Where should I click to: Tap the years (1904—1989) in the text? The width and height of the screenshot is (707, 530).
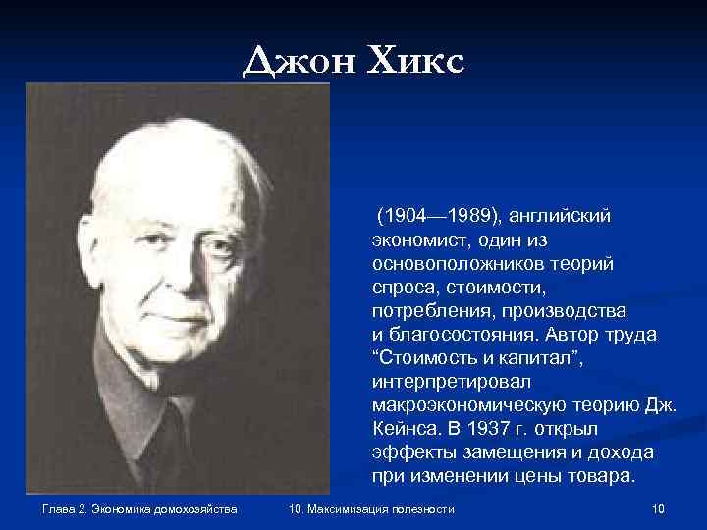click(439, 215)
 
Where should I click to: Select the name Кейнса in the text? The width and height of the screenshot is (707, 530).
click(408, 429)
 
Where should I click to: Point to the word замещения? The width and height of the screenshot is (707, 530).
click(488, 452)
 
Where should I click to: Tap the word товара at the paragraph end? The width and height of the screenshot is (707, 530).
click(600, 477)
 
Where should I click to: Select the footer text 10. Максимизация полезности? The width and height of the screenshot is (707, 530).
click(372, 508)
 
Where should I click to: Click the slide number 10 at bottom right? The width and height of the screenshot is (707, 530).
click(659, 508)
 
